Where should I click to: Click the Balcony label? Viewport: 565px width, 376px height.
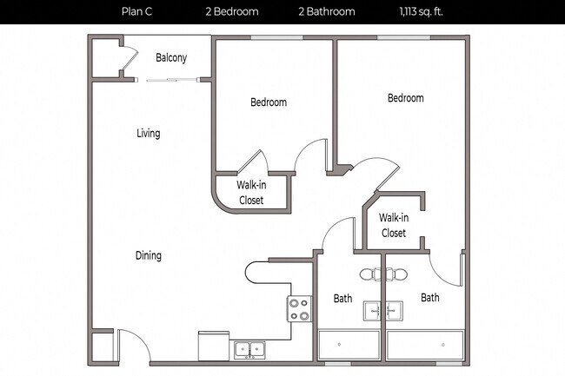pos(170,58)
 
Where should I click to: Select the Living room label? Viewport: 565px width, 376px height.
pos(148,134)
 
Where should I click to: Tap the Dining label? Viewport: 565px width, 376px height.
pos(148,256)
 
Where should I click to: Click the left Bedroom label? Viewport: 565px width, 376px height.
pos(269,102)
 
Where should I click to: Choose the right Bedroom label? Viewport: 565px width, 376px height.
pos(405,98)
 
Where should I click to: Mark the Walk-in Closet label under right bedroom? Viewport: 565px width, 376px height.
pos(393,226)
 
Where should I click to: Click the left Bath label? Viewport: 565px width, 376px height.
pos(342,299)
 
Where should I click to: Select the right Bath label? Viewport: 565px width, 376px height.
pos(430,298)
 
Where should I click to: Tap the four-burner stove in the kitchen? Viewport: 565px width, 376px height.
pos(299,309)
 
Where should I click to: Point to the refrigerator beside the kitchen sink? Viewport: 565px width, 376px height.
pos(213,346)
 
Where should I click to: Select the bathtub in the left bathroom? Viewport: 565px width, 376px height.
pos(348,346)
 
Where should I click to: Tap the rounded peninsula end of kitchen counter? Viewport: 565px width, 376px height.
pos(255,273)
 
